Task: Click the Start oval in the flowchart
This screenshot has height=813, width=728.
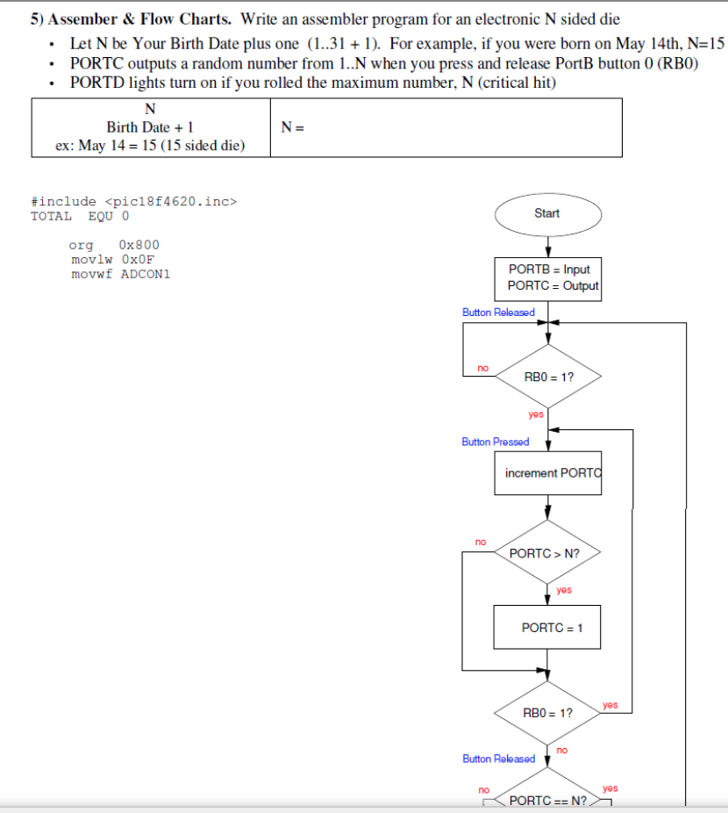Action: click(547, 213)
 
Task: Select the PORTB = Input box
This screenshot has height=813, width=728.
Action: click(548, 277)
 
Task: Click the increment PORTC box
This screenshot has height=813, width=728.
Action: click(548, 473)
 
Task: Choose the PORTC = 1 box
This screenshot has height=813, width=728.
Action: click(547, 628)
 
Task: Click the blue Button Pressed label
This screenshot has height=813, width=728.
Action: click(496, 442)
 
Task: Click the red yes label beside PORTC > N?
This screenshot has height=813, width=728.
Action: click(564, 590)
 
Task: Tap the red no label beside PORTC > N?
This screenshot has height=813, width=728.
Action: click(480, 542)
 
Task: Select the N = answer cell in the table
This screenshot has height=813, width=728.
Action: click(446, 127)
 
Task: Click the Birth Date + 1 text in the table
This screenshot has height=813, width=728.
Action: click(150, 127)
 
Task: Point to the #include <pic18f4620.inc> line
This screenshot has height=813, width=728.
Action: click(134, 201)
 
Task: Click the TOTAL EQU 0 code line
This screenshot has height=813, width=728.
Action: click(80, 215)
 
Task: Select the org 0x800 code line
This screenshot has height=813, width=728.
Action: click(114, 244)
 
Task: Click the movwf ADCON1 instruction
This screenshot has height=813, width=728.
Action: click(120, 273)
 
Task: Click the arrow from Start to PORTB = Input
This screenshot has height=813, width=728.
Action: click(548, 245)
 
